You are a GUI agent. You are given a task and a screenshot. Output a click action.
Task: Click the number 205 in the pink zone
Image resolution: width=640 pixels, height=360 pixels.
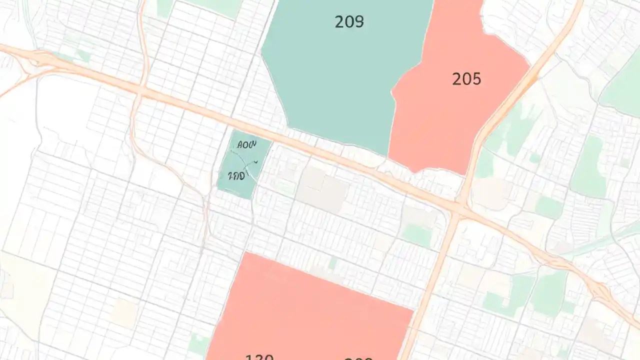[466, 79]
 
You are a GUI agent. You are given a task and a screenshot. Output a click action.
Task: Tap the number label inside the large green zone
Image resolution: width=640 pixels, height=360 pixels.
[349, 21]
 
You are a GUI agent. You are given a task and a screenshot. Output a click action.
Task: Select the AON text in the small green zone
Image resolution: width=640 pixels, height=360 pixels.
[246, 145]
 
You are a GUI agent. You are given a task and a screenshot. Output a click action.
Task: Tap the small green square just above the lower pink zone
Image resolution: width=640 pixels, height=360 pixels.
[333, 262]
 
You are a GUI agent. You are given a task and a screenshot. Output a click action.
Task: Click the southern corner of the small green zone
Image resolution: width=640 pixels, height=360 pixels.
[250, 198]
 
